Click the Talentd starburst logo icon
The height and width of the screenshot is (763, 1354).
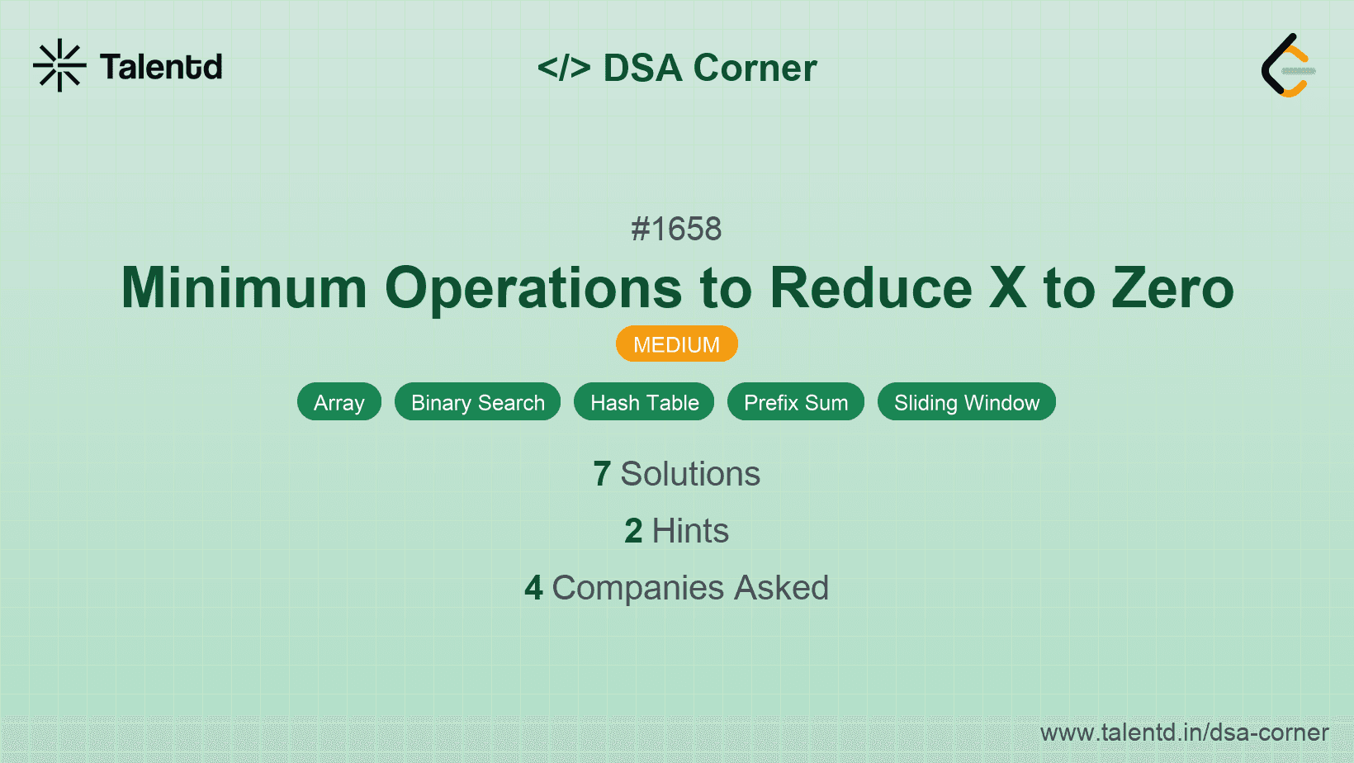click(59, 65)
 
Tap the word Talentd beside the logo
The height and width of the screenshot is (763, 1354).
click(161, 67)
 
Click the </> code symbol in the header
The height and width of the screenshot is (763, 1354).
click(564, 68)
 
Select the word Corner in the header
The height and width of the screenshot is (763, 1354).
click(755, 68)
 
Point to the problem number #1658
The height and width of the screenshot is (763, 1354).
click(676, 229)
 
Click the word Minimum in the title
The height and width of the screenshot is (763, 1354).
click(244, 288)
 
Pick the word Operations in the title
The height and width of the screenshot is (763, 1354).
click(533, 288)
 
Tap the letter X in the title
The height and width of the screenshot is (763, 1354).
click(1007, 288)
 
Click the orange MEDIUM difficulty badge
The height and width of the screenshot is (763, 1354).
click(676, 344)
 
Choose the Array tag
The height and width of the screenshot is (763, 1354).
click(338, 402)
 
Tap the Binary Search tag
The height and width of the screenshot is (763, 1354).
click(477, 402)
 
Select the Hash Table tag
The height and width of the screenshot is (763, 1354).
click(644, 402)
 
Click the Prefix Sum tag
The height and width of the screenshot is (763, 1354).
click(795, 402)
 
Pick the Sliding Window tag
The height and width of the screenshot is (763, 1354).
click(966, 402)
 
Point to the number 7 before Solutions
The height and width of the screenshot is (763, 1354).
click(602, 474)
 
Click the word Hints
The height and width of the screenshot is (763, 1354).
click(690, 531)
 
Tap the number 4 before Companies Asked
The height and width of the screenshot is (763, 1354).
click(533, 588)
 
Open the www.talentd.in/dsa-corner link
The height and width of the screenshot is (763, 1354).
click(1184, 732)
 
